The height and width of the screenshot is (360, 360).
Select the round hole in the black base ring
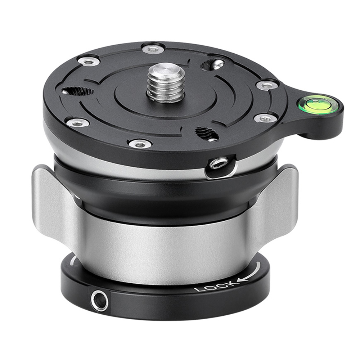coord(99,301)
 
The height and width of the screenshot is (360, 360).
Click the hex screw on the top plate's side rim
coord(219,164)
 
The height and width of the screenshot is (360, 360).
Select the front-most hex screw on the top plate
coord(140,144)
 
